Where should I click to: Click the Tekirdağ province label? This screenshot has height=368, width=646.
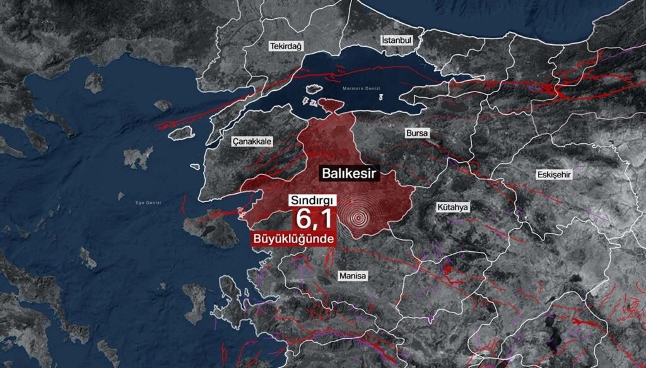click(286, 47)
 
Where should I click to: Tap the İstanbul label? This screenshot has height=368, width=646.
click(397, 40)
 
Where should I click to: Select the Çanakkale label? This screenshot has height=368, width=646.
click(251, 142)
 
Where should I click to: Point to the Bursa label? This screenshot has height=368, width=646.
click(417, 134)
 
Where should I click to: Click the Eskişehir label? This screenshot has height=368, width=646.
click(554, 175)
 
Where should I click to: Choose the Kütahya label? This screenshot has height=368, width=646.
click(453, 207)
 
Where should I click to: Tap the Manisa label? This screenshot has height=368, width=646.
click(352, 276)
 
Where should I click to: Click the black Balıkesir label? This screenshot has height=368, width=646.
click(349, 172)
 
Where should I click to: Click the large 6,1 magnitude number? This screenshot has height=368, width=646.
click(314, 219)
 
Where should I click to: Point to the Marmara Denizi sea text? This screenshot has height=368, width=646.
click(360, 88)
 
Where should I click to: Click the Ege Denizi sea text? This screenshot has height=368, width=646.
click(149, 203)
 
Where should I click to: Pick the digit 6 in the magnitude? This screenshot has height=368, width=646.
click(303, 219)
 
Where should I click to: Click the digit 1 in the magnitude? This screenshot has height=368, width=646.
click(326, 219)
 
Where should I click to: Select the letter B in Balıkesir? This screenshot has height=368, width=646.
click(326, 172)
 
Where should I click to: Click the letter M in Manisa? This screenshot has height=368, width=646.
click(341, 276)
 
